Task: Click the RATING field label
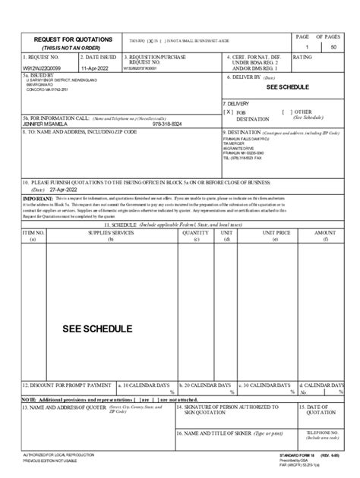point(302,57)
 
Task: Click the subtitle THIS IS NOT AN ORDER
point(68,47)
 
